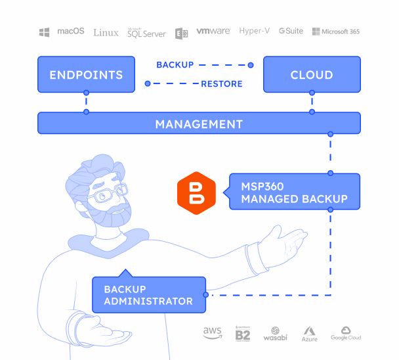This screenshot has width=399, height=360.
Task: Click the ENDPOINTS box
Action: pyautogui.click(x=86, y=74)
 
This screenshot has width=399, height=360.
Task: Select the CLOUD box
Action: pyautogui.click(x=312, y=74)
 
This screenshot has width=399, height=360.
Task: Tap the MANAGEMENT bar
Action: pyautogui.click(x=199, y=123)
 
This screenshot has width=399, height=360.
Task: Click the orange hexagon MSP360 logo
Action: pyautogui.click(x=196, y=193)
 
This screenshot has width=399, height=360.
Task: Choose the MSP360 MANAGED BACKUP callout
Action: pyautogui.click(x=295, y=192)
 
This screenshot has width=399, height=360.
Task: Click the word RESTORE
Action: pyautogui.click(x=222, y=84)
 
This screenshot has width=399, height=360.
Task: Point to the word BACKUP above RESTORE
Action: pyautogui.click(x=175, y=65)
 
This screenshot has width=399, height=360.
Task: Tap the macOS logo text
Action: pyautogui.click(x=71, y=31)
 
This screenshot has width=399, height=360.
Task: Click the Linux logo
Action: pyautogui.click(x=106, y=33)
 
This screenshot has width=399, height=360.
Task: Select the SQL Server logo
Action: pyautogui.click(x=147, y=33)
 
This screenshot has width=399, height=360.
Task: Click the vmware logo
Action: pyautogui.click(x=213, y=31)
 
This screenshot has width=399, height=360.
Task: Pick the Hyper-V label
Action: pyautogui.click(x=254, y=31)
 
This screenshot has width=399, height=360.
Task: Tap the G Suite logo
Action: pyautogui.click(x=291, y=31)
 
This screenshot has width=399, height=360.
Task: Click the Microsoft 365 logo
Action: pyautogui.click(x=336, y=32)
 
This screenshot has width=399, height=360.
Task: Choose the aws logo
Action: pyautogui.click(x=213, y=332)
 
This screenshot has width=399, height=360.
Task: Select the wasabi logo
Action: pyautogui.click(x=276, y=334)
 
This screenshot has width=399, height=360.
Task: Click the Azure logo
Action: pyautogui.click(x=310, y=334)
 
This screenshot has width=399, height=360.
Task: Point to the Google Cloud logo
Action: pyautogui.click(x=346, y=333)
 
